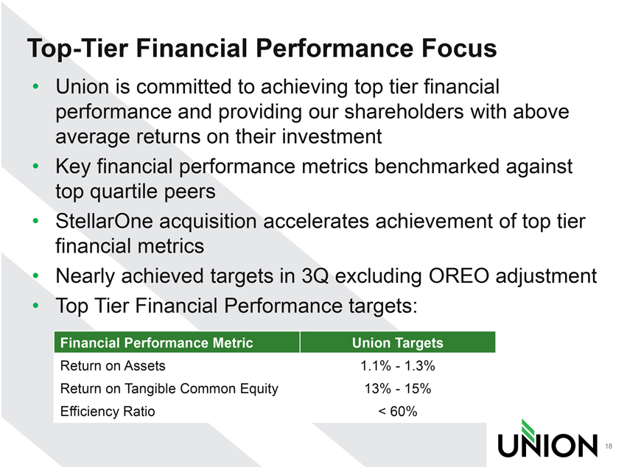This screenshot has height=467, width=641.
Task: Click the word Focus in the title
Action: (x=459, y=48)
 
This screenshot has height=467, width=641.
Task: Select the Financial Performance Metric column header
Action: (x=157, y=343)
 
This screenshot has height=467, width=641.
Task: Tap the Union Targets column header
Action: (x=397, y=343)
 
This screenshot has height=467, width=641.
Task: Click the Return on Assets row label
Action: (x=113, y=365)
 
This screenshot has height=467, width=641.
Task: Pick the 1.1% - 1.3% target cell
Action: (x=397, y=365)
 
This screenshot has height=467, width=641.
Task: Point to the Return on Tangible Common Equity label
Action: (x=169, y=389)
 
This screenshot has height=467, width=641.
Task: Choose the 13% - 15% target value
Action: (x=397, y=389)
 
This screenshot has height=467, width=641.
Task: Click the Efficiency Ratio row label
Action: (x=108, y=412)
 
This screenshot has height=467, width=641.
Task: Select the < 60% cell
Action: (x=397, y=412)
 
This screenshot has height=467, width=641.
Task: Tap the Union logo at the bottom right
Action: (x=547, y=438)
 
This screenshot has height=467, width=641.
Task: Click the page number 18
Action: (x=609, y=446)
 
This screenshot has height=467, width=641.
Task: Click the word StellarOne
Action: (x=104, y=222)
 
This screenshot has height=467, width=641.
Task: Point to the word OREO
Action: (x=459, y=275)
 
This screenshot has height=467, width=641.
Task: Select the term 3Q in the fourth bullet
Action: (x=315, y=276)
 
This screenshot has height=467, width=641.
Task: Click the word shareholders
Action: (x=404, y=111)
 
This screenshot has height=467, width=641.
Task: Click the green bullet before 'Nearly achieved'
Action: (x=36, y=275)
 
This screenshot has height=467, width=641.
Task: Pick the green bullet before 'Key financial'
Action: (x=36, y=166)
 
